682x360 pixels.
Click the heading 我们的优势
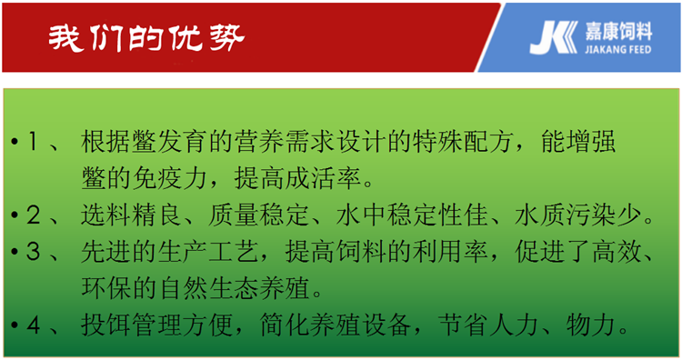click(x=146, y=38)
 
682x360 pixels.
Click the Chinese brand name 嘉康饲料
click(x=618, y=31)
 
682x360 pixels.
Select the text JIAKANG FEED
click(x=618, y=49)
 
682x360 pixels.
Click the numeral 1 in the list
click(x=33, y=142)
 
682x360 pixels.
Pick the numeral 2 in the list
click(x=33, y=215)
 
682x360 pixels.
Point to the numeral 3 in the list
click(x=33, y=251)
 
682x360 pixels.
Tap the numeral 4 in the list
click(x=34, y=325)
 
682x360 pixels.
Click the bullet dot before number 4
click(x=15, y=325)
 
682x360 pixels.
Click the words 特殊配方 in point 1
click(x=464, y=142)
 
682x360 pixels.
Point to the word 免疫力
click(x=169, y=178)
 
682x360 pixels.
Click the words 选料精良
click(x=131, y=215)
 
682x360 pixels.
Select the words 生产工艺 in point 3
click(x=208, y=251)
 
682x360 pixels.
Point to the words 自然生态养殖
click(x=234, y=288)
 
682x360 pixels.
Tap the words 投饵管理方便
click(x=157, y=325)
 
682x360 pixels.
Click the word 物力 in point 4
click(x=591, y=325)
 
